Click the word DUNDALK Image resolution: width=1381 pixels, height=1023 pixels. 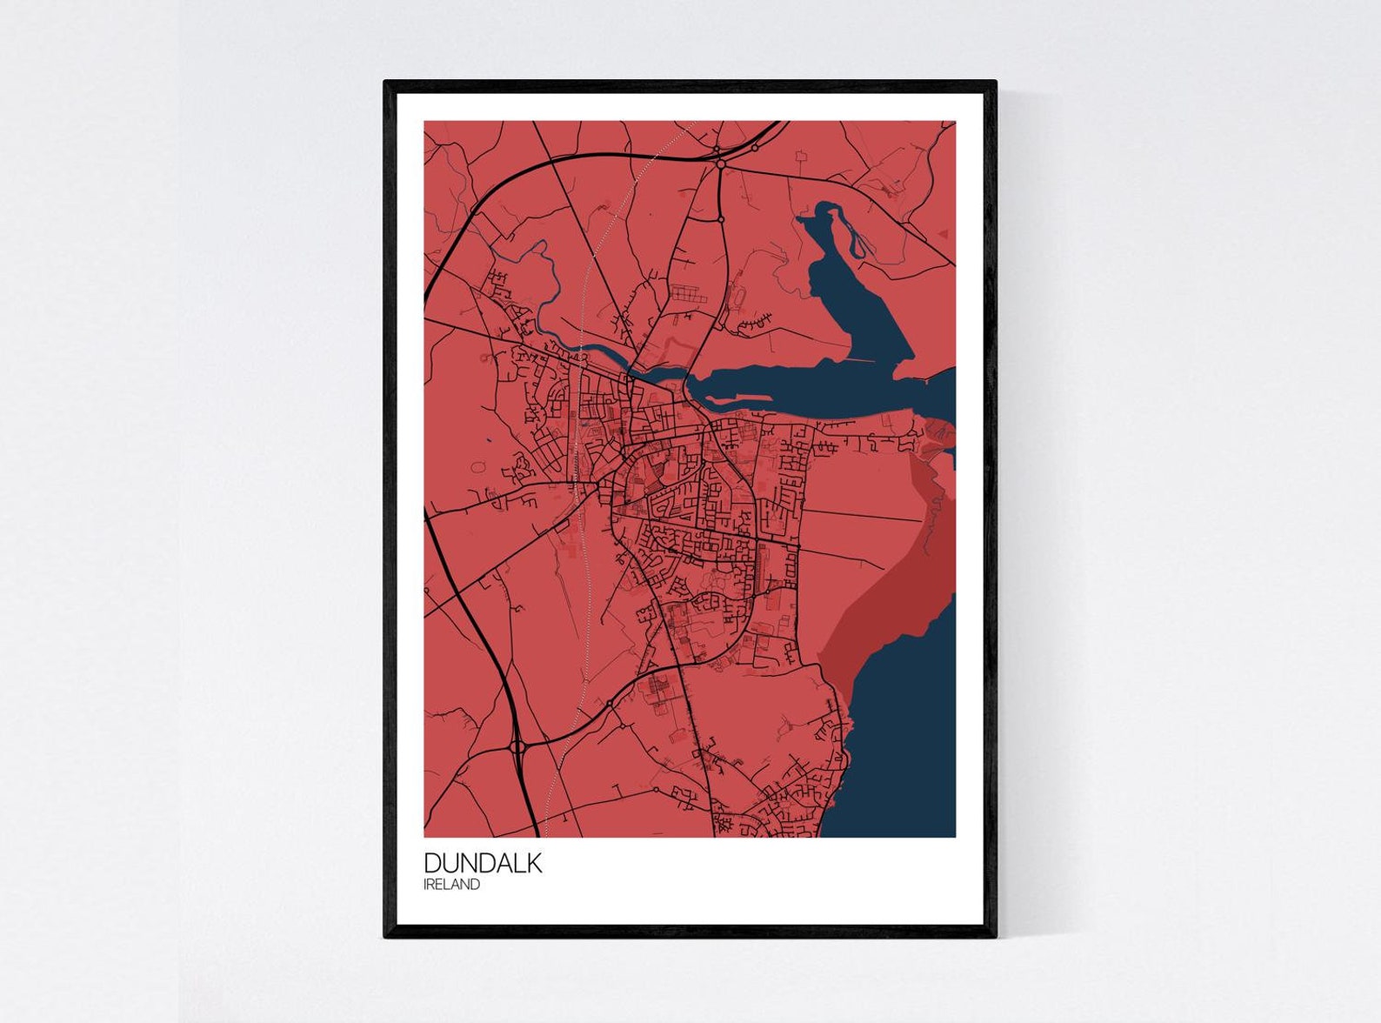point(483,862)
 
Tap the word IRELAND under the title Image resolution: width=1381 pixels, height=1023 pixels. point(451,885)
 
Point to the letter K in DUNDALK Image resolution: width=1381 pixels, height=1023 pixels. point(533,862)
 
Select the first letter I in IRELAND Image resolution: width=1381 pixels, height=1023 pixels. point(425,885)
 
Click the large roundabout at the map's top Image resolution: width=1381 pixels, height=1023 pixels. point(721,164)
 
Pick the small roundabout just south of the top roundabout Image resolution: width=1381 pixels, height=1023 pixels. point(722,219)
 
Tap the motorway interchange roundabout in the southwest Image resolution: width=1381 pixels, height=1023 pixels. point(518,746)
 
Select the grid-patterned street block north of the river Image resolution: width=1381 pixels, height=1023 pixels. point(684,295)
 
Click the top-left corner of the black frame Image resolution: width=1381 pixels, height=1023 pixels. point(387,84)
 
